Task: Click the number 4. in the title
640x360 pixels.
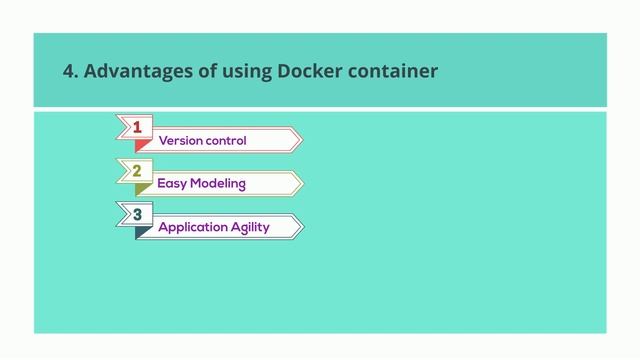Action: [x=70, y=71]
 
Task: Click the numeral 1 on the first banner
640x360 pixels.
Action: [x=137, y=127]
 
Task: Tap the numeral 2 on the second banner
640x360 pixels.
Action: [x=137, y=171]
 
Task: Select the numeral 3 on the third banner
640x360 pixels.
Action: [x=137, y=214]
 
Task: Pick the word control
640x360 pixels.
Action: [x=226, y=140]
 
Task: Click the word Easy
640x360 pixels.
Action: [x=172, y=184]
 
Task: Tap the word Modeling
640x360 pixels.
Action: [x=218, y=184]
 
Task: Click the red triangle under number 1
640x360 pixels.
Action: [x=141, y=144]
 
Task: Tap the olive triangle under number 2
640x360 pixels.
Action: [x=141, y=188]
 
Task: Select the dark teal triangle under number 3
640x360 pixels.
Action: [x=141, y=231]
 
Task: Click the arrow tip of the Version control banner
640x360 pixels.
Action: [x=297, y=140]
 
